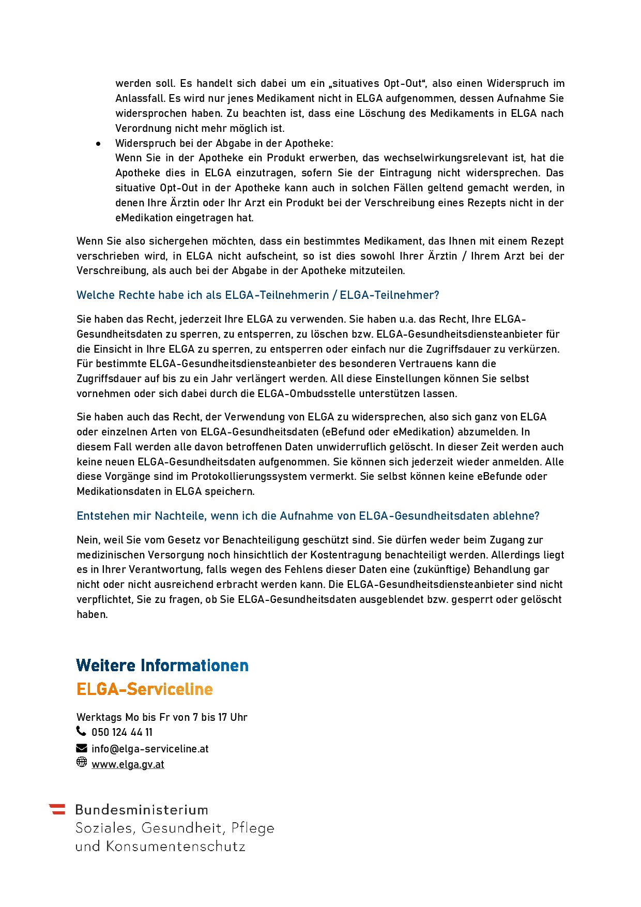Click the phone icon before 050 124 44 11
click(81, 731)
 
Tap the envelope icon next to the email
click(82, 748)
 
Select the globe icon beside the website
click(82, 762)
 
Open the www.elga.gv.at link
click(128, 764)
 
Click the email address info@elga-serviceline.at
click(150, 749)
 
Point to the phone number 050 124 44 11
click(122, 732)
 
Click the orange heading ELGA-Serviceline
click(145, 689)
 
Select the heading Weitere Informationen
click(162, 666)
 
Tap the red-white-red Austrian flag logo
click(57, 809)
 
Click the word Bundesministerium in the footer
click(142, 810)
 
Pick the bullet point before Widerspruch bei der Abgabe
click(98, 144)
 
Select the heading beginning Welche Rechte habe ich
click(257, 295)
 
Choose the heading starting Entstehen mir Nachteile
click(308, 516)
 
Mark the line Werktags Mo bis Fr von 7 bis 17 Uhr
click(162, 717)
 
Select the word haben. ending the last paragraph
click(92, 615)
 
